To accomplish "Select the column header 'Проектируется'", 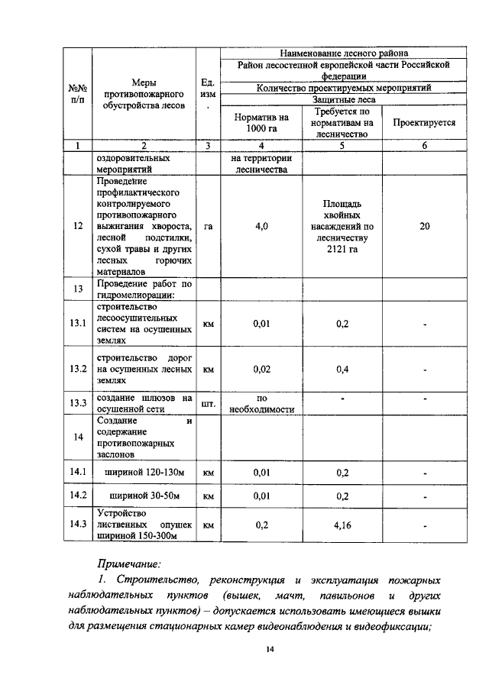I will (x=425, y=122).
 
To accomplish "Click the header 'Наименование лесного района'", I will (x=343, y=53).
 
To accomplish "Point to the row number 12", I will (x=78, y=227).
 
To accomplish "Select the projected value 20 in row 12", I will (x=425, y=227).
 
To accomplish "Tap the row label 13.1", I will (x=78, y=324).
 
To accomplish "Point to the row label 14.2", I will (x=78, y=496).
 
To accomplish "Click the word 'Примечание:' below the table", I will (x=129, y=564).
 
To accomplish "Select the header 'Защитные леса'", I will (x=343, y=100).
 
